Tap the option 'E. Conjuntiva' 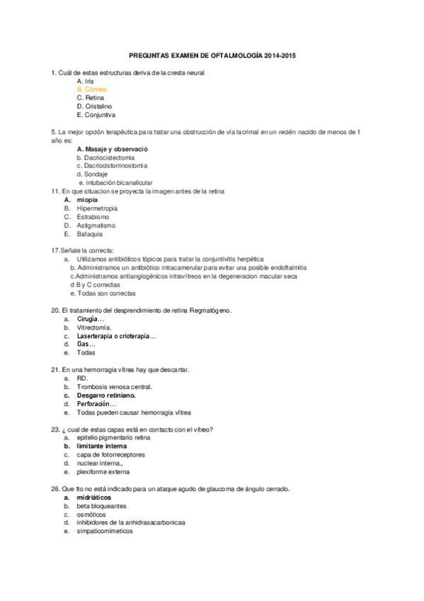coord(96,115)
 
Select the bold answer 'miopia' coord(88,200)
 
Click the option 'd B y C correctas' coord(95,285)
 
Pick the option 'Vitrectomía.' coord(94,327)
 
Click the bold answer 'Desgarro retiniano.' coord(106,395)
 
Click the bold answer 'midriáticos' coord(93,498)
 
